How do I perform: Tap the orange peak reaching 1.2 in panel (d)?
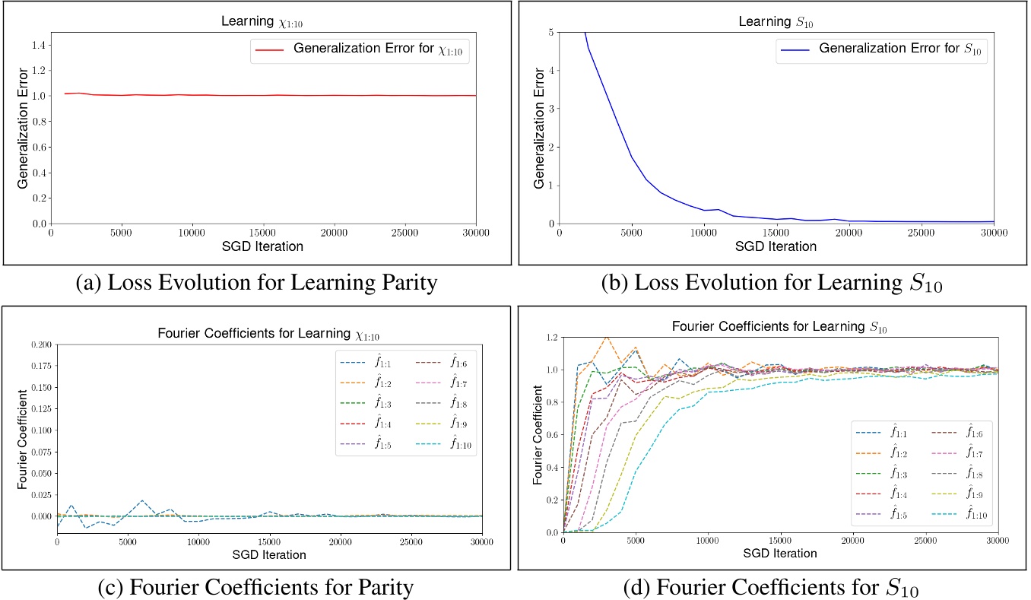pos(606,337)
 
